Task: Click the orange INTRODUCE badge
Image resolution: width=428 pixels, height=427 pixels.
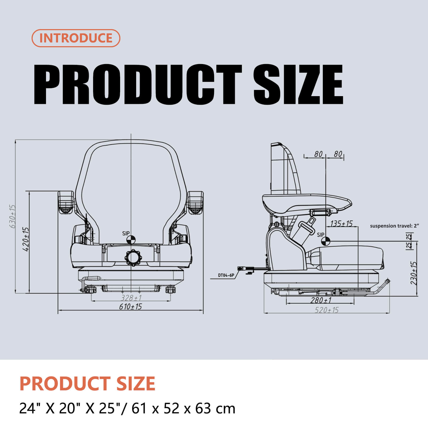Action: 76,38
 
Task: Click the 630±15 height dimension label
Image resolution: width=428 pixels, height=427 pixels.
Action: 13,217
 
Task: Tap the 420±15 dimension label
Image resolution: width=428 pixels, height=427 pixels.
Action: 26,239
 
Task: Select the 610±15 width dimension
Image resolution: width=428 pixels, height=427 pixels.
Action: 131,307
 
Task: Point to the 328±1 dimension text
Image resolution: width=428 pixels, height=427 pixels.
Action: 131,298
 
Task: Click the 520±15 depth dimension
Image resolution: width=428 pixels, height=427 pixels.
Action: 327,310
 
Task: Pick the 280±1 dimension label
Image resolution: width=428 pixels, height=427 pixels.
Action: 321,300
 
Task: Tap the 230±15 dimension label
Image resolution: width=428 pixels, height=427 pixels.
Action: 414,273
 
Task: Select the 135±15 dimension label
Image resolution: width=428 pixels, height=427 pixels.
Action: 342,224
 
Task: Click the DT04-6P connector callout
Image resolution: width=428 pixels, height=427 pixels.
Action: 226,275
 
